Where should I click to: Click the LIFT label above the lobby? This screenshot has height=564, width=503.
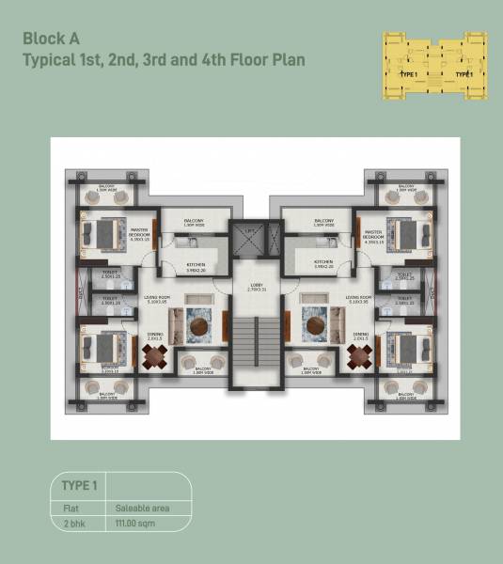pyautogui.click(x=249, y=232)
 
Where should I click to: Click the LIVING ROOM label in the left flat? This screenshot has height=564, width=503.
pyautogui.click(x=157, y=300)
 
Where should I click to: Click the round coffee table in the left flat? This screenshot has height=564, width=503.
pyautogui.click(x=199, y=327)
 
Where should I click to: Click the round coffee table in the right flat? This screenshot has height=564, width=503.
pyautogui.click(x=314, y=327)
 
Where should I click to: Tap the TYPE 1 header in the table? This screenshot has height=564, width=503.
pyautogui.click(x=79, y=486)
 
